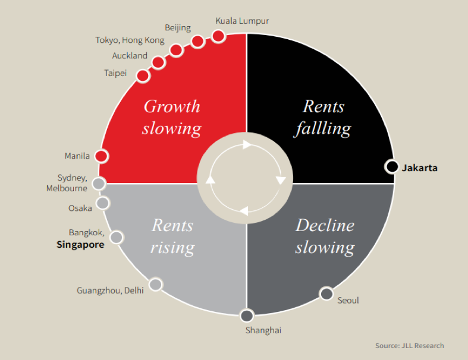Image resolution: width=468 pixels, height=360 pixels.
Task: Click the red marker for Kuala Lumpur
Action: pyautogui.click(x=218, y=36)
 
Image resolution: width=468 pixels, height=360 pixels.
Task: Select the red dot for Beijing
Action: pyautogui.click(x=197, y=41)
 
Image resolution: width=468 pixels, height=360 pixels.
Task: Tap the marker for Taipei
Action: pyautogui.click(x=143, y=75)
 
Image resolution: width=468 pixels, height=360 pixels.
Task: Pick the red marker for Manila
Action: pyautogui.click(x=101, y=156)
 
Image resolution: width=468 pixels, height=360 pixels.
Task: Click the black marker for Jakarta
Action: pyautogui.click(x=391, y=167)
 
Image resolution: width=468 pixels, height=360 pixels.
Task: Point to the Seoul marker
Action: pyautogui.click(x=326, y=293)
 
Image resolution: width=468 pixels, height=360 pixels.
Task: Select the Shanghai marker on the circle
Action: pyautogui.click(x=247, y=315)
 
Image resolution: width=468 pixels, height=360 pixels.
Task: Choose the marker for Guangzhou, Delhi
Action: pyautogui.click(x=155, y=284)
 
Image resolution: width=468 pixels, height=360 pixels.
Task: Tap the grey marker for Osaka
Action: pyautogui.click(x=103, y=203)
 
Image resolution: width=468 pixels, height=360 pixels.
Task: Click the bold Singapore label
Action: pyautogui.click(x=80, y=244)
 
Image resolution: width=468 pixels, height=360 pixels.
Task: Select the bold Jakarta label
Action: pyautogui.click(x=419, y=168)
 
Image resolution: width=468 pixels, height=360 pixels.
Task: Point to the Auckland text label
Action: pyautogui.click(x=130, y=56)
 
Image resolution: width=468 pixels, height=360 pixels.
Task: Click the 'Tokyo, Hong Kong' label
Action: pyautogui.click(x=130, y=40)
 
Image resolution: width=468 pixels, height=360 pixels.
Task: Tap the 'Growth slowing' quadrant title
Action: pyautogui.click(x=172, y=117)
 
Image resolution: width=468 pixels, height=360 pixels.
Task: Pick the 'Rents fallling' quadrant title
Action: pyautogui.click(x=323, y=117)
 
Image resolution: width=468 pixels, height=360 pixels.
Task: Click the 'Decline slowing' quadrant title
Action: pyautogui.click(x=325, y=236)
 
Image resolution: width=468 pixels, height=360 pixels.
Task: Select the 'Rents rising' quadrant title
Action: pyautogui.click(x=172, y=236)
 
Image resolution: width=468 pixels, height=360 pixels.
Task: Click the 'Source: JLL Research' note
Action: pyautogui.click(x=409, y=346)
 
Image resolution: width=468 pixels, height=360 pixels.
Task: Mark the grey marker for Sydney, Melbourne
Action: pyautogui.click(x=99, y=183)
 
